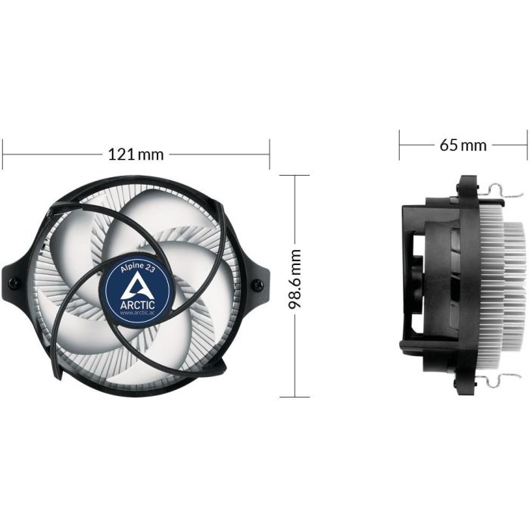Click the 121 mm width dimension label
pyautogui.click(x=136, y=154)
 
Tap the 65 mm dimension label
pyautogui.click(x=463, y=145)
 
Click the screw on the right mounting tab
pyautogui.click(x=258, y=285)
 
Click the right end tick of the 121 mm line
pyautogui.click(x=270, y=154)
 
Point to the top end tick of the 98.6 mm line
pyautogui.click(x=295, y=176)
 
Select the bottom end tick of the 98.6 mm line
pyautogui.click(x=295, y=397)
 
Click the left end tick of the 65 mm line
pyautogui.click(x=400, y=144)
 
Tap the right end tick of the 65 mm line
pyautogui.click(x=526, y=144)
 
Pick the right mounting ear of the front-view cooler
pyautogui.click(x=257, y=283)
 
